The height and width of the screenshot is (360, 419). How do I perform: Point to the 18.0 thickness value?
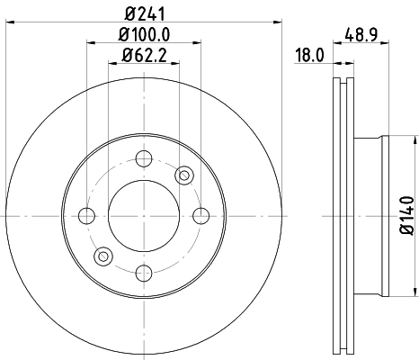[308, 56]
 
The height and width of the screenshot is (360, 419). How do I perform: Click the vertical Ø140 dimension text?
[406, 215]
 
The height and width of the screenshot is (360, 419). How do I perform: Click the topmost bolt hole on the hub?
[142, 160]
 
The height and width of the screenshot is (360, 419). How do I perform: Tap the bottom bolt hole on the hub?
[142, 270]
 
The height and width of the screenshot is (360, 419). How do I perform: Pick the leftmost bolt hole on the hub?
[87, 215]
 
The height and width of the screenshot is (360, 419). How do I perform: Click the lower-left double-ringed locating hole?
[103, 256]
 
